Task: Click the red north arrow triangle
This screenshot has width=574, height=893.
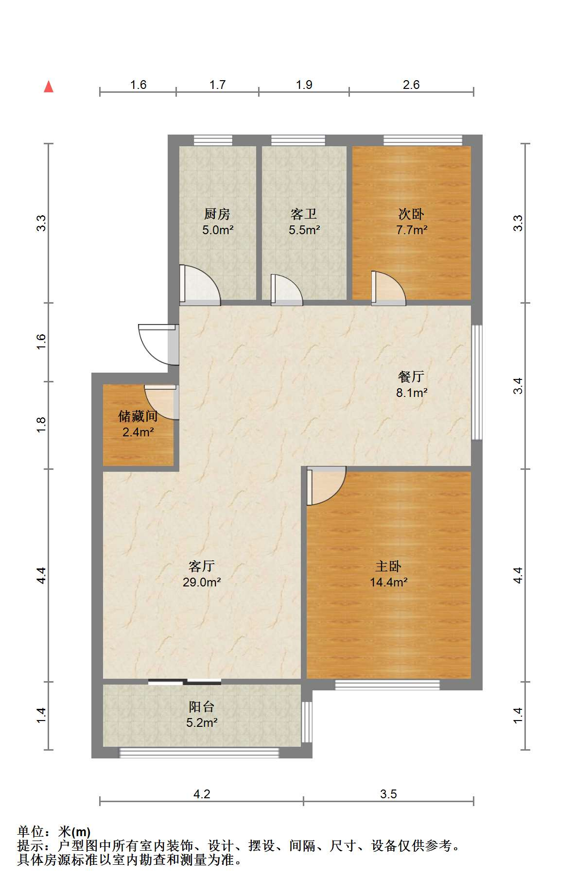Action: pos(49,86)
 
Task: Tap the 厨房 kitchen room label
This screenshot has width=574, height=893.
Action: pos(217,214)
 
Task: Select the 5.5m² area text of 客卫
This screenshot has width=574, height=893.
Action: pos(304,230)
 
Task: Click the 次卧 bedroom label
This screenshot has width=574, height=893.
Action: pos(411,214)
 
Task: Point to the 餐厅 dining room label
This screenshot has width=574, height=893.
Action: pos(411,376)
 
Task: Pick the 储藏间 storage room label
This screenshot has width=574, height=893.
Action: pos(138,416)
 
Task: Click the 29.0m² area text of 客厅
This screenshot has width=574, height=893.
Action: pos(202,582)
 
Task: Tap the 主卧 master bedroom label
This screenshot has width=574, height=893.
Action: pos(388,566)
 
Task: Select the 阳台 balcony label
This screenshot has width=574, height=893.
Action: pos(202,707)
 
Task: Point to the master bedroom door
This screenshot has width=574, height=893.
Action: pos(326,486)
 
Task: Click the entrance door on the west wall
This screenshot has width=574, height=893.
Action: pos(158,344)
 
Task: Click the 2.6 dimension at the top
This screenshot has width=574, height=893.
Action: pos(411,85)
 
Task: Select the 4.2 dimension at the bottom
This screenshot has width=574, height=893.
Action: pos(202,794)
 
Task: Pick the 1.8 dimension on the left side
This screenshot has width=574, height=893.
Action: pos(42,425)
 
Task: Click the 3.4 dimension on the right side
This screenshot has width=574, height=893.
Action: pos(519,386)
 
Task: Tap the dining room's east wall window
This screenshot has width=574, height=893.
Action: pos(477,382)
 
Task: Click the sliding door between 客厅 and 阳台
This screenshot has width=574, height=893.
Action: pos(185,682)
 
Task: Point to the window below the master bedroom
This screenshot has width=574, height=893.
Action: pos(387,685)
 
